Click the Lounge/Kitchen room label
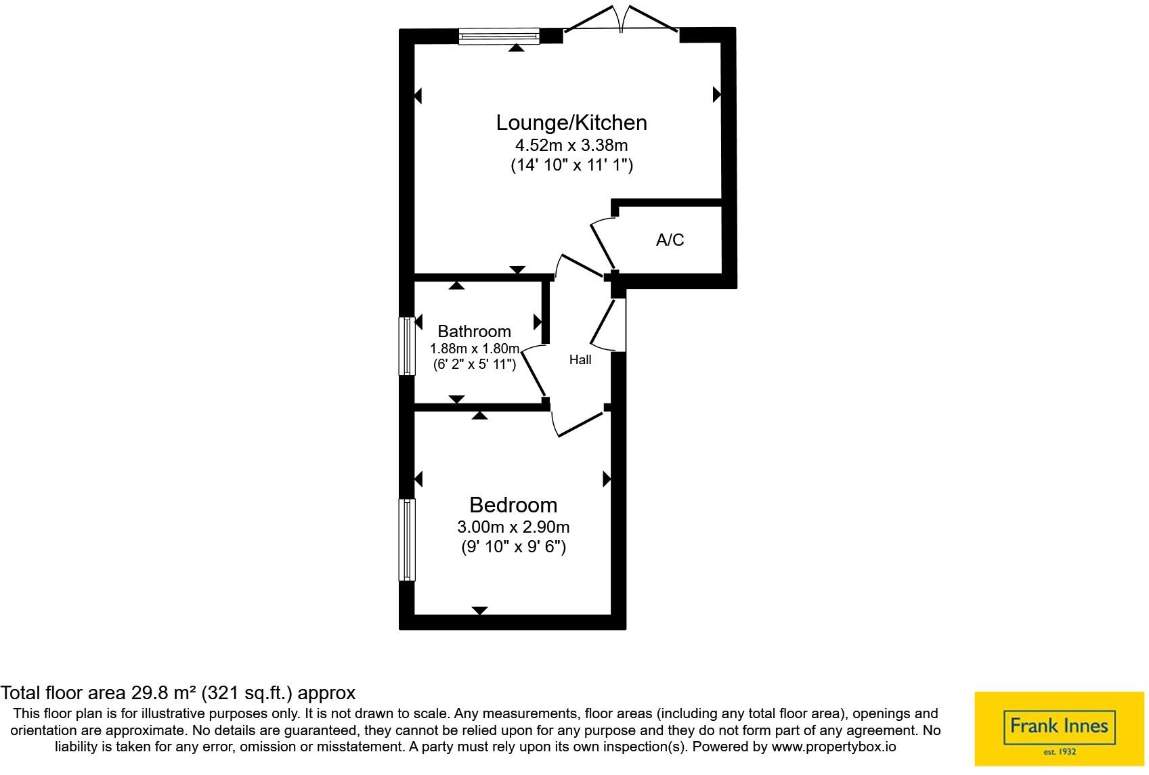click(x=571, y=123)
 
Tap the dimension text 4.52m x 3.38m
click(x=571, y=145)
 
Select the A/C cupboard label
click(x=670, y=240)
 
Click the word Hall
click(x=580, y=360)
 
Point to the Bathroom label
click(x=474, y=331)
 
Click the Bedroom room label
click(x=513, y=505)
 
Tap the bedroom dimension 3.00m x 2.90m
click(x=513, y=527)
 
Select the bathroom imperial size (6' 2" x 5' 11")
click(x=474, y=364)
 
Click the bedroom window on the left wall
click(x=406, y=539)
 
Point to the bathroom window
click(x=406, y=346)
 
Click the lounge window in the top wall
click(x=499, y=36)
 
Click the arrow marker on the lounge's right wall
click(x=716, y=95)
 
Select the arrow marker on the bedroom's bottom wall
click(x=479, y=611)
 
